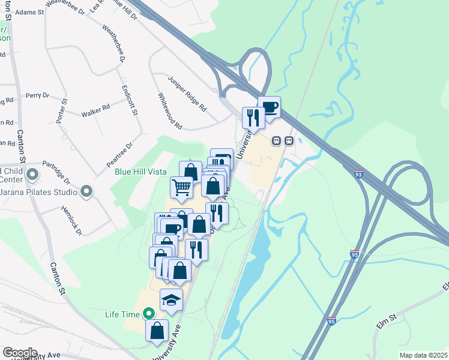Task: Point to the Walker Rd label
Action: [x=95, y=110]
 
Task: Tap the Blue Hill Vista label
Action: [x=140, y=172]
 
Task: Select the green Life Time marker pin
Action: [x=148, y=313]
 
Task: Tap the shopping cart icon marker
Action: [x=181, y=187]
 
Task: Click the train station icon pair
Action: [x=282, y=141]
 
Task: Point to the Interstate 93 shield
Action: [x=358, y=174]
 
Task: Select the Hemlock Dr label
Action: [x=71, y=221]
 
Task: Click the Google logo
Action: [x=19, y=353]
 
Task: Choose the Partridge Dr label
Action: [x=58, y=172]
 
